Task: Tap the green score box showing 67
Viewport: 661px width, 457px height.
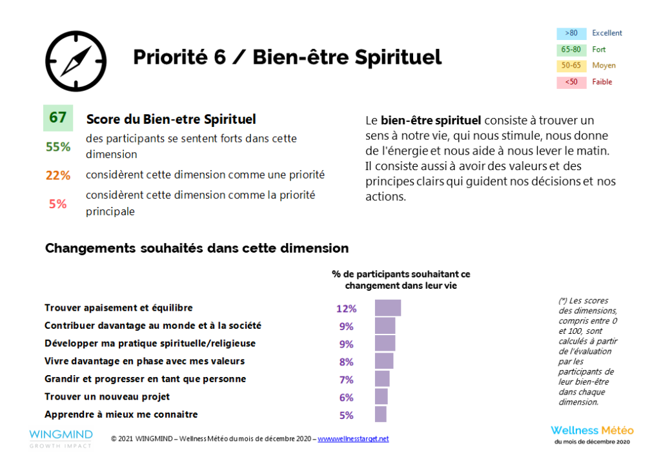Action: click(x=58, y=118)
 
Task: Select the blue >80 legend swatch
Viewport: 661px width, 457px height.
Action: click(x=571, y=34)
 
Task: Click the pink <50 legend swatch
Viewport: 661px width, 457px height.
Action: click(x=571, y=82)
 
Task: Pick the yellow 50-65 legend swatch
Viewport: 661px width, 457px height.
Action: click(x=571, y=66)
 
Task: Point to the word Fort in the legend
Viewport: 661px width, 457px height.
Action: click(x=599, y=50)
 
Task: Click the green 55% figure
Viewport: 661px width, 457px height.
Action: click(x=58, y=147)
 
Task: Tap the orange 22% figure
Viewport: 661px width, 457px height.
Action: click(x=58, y=175)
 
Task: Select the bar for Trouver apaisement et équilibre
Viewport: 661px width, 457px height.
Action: click(x=388, y=308)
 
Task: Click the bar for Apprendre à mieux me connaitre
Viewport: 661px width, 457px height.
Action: click(x=381, y=414)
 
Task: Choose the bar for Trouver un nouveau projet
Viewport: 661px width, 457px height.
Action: click(x=381, y=397)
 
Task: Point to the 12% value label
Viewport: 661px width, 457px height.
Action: click(x=346, y=309)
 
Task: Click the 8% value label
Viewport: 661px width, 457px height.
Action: click(x=347, y=362)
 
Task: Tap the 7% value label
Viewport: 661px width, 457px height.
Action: click(x=347, y=380)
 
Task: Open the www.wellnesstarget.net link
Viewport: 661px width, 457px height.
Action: click(x=353, y=439)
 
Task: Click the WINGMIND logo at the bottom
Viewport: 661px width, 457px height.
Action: click(x=61, y=438)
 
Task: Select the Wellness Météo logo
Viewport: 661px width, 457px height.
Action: click(x=592, y=434)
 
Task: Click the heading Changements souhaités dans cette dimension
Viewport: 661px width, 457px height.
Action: click(x=197, y=248)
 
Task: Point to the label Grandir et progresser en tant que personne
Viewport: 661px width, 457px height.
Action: click(x=145, y=379)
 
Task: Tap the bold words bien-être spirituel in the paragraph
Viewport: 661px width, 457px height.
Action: click(x=431, y=121)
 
